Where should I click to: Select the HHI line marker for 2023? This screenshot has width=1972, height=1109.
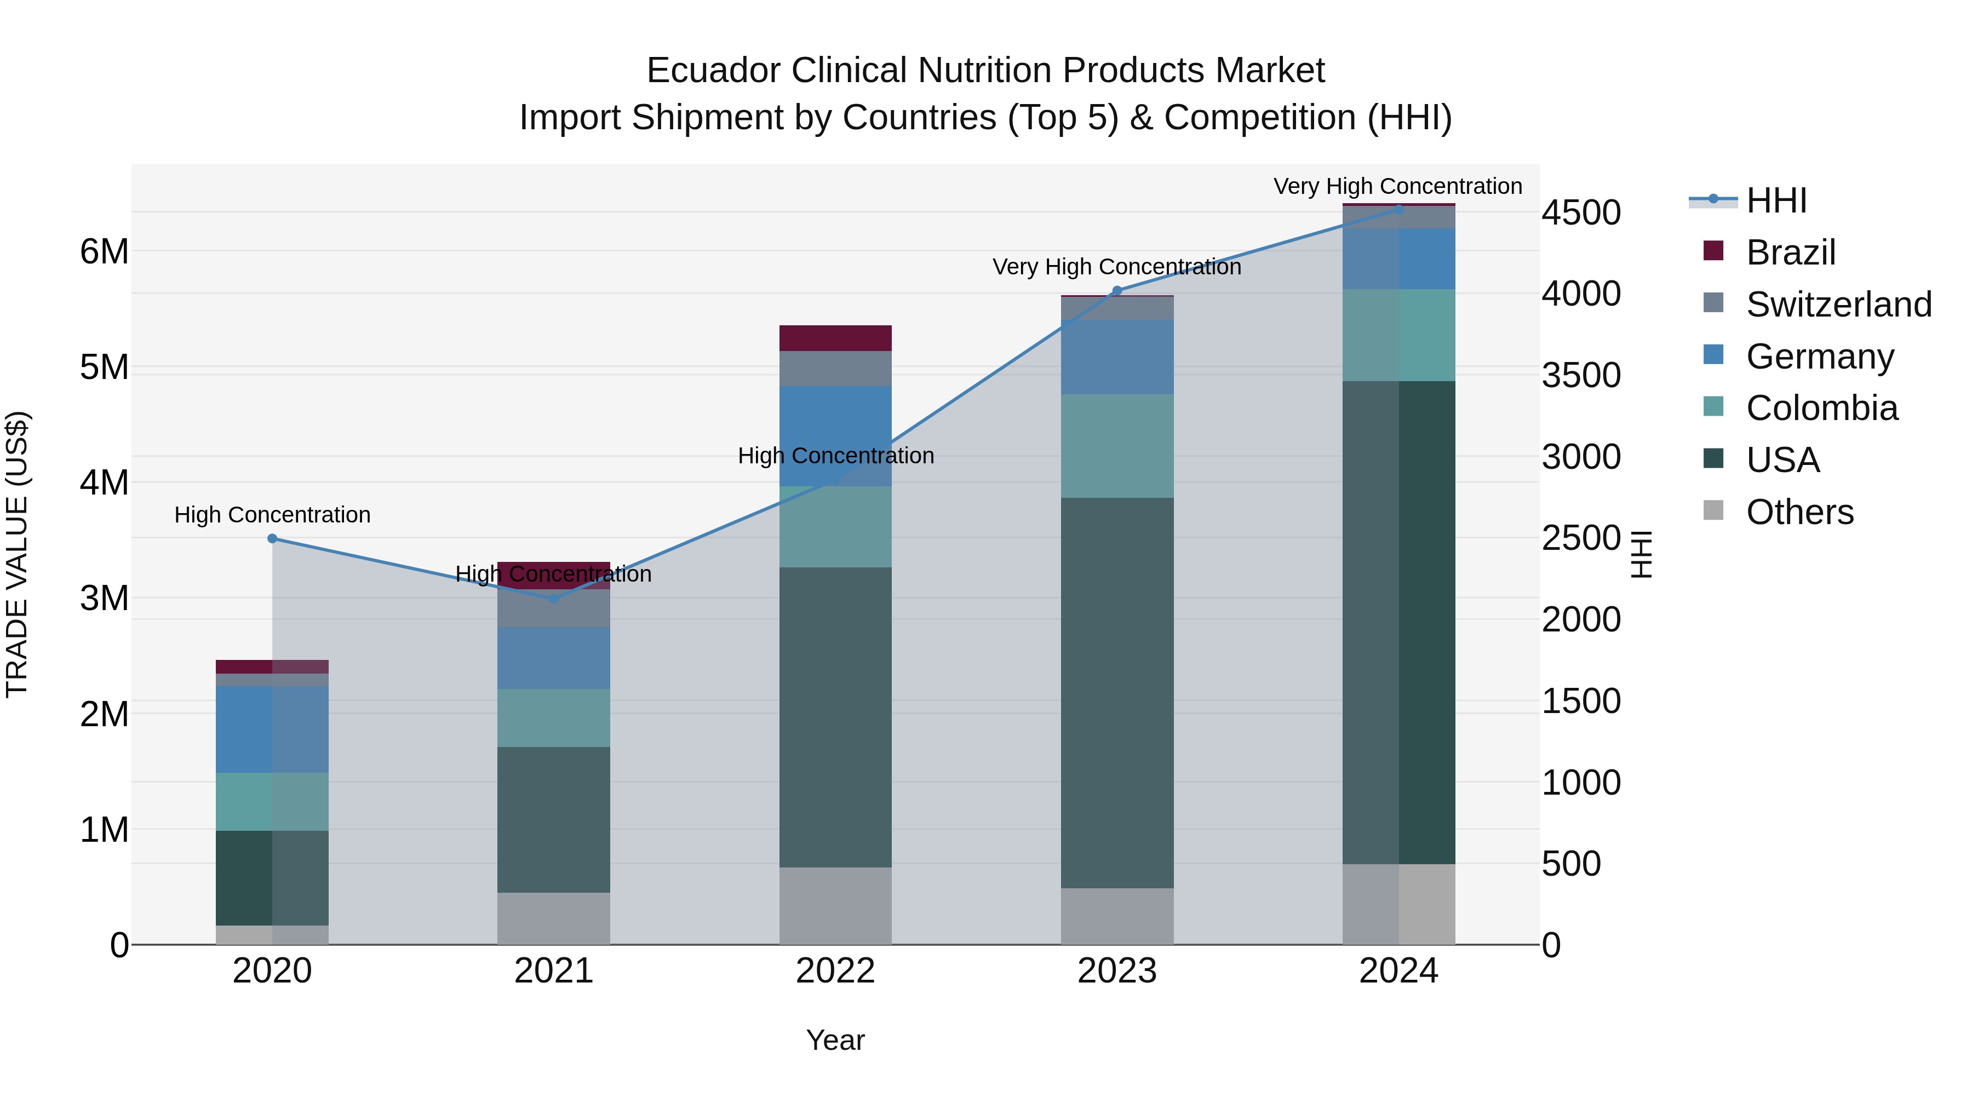[x=1117, y=291]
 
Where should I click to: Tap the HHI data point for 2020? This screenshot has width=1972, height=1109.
[x=273, y=539]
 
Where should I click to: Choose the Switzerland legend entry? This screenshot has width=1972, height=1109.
[x=1838, y=304]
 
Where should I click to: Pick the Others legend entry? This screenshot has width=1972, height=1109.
[x=1799, y=512]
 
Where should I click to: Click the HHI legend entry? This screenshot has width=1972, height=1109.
[x=1776, y=200]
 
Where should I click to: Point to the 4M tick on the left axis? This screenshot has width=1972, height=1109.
[x=104, y=483]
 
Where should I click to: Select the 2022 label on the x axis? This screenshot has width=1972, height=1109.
[x=835, y=971]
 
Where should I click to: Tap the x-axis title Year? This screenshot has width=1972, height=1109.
[x=835, y=1040]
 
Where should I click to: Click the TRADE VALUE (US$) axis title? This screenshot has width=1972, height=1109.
[x=17, y=554]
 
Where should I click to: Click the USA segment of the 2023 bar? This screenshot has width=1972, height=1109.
[x=1117, y=693]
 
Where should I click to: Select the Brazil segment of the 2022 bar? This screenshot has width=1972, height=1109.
[x=835, y=338]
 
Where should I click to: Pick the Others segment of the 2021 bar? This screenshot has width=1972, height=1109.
[x=553, y=918]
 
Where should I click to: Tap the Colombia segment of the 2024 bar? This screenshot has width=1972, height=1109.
[x=1398, y=335]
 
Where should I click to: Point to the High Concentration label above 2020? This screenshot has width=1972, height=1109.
[x=273, y=515]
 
